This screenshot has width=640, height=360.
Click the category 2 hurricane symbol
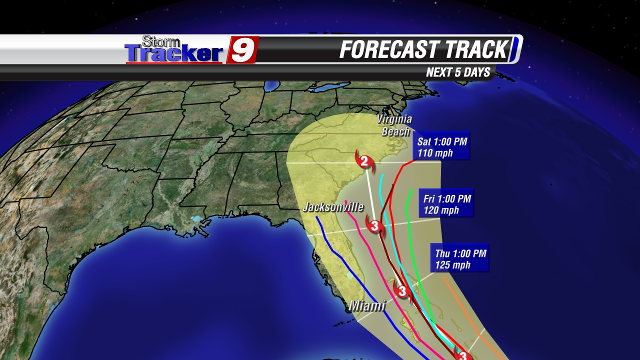click(x=364, y=160)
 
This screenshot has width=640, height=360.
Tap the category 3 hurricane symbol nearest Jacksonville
click(x=374, y=225)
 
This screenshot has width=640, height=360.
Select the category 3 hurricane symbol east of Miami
click(x=402, y=290)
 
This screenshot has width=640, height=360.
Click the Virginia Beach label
click(x=394, y=125)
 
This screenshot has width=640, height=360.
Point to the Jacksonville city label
click(x=333, y=207)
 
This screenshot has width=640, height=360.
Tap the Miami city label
click(x=367, y=305)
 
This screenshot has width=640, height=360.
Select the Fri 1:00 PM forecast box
click(x=447, y=204)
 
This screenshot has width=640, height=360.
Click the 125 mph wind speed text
click(x=452, y=265)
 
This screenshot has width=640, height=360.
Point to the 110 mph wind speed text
click(x=435, y=153)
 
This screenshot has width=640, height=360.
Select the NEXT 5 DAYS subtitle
click(x=458, y=72)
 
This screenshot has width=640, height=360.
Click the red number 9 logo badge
click(x=243, y=50)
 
